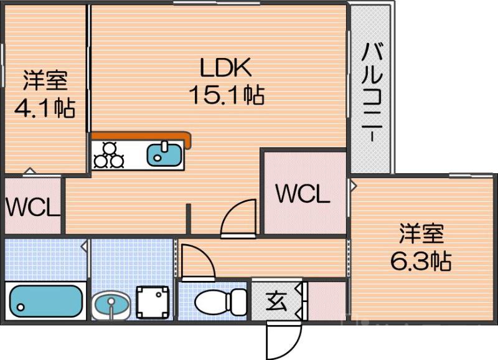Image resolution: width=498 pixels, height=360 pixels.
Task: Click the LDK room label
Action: [x=225, y=66]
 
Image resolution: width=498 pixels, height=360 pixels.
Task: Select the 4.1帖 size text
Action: [x=45, y=108]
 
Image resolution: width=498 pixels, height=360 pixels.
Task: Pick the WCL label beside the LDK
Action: [x=302, y=195]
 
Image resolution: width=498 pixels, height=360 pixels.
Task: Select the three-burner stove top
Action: [x=110, y=154]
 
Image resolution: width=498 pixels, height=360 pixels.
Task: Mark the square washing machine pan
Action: [x=153, y=301]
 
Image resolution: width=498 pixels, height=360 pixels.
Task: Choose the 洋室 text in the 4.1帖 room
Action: [x=45, y=80]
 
